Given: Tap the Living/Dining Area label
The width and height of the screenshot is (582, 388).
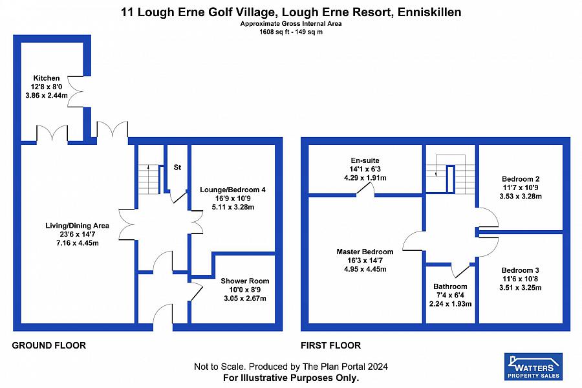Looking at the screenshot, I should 77,225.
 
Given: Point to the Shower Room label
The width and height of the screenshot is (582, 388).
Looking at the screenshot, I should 244,281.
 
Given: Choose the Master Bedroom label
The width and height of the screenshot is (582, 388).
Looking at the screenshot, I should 365,252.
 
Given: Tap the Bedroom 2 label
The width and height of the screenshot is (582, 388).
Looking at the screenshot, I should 521,178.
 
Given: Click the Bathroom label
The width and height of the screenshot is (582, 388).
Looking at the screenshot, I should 450,286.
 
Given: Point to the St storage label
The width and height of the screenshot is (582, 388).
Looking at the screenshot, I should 177,167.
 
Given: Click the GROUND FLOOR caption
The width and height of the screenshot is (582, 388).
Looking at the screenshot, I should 49,345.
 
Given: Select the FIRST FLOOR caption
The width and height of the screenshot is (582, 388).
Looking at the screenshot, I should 330,345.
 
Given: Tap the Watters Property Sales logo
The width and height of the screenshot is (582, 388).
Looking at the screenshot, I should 533,366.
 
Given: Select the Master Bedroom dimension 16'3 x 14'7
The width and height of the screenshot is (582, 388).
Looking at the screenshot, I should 365,261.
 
